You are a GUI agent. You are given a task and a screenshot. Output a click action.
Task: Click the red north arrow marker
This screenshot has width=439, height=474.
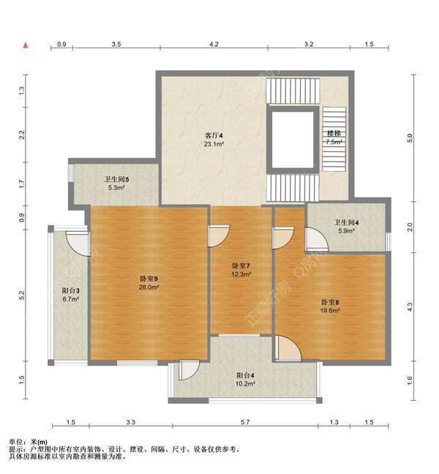point(26,45)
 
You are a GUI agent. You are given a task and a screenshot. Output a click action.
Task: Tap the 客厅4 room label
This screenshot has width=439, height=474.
point(214,135)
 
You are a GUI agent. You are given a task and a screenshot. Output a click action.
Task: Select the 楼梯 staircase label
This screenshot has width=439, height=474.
point(334,133)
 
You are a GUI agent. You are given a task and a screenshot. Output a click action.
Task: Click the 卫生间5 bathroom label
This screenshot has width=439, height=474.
point(117,179)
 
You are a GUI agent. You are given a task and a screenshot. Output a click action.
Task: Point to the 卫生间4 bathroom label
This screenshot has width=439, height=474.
point(347,223)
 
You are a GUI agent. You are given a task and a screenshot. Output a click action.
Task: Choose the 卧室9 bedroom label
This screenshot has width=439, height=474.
point(149,279)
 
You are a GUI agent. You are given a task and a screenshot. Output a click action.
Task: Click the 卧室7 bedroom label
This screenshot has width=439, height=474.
point(241,266)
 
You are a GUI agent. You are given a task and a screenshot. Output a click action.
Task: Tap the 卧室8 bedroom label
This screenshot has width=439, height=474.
point(330,302)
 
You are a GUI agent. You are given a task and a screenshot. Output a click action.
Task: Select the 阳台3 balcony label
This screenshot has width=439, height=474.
point(71,291)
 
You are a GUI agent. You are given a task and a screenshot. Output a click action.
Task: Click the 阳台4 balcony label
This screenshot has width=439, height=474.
point(245,376)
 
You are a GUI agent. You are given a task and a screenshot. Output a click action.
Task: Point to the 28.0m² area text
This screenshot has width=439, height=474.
point(149,287)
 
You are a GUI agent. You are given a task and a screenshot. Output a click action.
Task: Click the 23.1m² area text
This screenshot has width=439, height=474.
point(214,144)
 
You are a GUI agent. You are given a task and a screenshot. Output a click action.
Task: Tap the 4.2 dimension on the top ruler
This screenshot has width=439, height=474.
point(214,45)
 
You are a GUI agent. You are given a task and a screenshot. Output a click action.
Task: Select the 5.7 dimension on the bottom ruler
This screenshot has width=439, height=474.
point(245,422)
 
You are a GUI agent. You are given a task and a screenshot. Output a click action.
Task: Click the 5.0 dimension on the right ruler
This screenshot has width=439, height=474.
point(410,138)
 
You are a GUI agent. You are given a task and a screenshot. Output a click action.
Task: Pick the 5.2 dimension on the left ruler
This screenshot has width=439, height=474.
point(21,296)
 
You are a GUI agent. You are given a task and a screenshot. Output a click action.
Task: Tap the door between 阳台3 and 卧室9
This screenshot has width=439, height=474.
point(78,244)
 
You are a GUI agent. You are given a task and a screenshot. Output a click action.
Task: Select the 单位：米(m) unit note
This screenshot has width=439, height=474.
point(28,442)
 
